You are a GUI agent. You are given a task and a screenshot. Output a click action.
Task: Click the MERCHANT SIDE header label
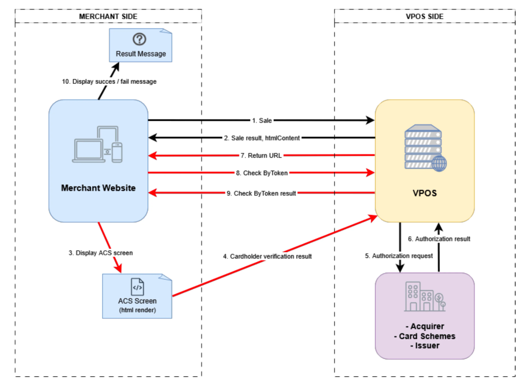pyautogui.click(x=108, y=16)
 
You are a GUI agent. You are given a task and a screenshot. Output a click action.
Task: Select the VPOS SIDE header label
pyautogui.click(x=425, y=16)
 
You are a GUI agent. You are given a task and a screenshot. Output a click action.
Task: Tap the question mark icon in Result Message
pyautogui.click(x=140, y=39)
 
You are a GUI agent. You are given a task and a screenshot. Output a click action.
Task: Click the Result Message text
pyautogui.click(x=141, y=54)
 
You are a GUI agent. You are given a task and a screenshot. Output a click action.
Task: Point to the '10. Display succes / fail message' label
pyautogui.click(x=109, y=81)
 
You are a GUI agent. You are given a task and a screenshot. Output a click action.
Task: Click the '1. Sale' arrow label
pyautogui.click(x=262, y=120)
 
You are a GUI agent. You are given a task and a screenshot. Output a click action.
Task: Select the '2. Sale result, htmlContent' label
pyautogui.click(x=262, y=138)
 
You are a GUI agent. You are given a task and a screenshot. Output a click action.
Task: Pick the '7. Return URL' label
pyautogui.click(x=262, y=156)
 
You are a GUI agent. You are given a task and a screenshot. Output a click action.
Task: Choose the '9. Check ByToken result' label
pyautogui.click(x=262, y=193)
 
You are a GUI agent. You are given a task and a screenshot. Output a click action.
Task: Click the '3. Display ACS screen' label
pyautogui.click(x=101, y=252)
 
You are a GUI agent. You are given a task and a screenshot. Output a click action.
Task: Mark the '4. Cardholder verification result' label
pyautogui.click(x=267, y=256)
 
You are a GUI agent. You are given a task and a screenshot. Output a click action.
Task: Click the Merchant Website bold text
pyautogui.click(x=98, y=188)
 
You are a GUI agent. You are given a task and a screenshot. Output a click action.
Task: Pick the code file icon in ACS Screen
pyautogui.click(x=137, y=287)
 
